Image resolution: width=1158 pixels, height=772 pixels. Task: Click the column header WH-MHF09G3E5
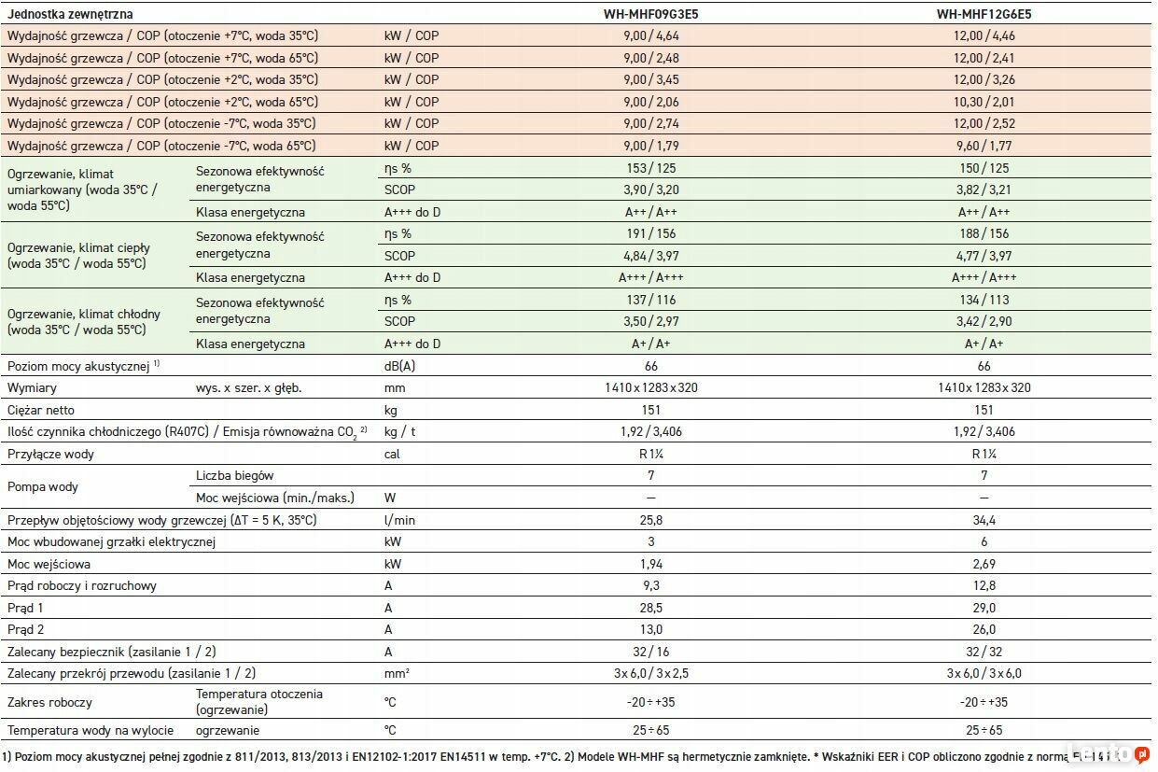pyautogui.click(x=651, y=14)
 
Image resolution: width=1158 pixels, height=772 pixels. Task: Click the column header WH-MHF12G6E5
pyautogui.click(x=984, y=14)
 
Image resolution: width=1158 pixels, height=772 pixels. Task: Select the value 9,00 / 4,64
pyautogui.click(x=651, y=35)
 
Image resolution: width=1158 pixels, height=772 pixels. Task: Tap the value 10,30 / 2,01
pyautogui.click(x=984, y=102)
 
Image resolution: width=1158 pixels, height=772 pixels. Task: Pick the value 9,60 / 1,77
pyautogui.click(x=984, y=146)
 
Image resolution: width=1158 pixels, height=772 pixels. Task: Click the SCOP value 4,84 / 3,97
pyautogui.click(x=651, y=256)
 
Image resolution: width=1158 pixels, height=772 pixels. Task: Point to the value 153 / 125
pyautogui.click(x=651, y=168)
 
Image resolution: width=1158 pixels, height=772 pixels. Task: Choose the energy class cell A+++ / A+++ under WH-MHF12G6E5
pyautogui.click(x=984, y=277)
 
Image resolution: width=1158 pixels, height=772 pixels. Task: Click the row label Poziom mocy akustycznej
pyautogui.click(x=78, y=367)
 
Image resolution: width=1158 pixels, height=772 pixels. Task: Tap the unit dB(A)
pyautogui.click(x=399, y=366)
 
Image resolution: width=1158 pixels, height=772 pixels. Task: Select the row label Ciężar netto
pyautogui.click(x=41, y=410)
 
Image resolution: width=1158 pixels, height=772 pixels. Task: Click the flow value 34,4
pyautogui.click(x=984, y=520)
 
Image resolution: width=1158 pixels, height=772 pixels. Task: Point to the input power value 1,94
pyautogui.click(x=651, y=564)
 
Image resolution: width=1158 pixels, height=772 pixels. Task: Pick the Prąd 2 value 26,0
pyautogui.click(x=984, y=630)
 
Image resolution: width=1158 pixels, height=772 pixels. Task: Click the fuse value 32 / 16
pyautogui.click(x=651, y=652)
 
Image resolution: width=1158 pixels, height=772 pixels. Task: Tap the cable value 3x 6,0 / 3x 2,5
pyautogui.click(x=651, y=673)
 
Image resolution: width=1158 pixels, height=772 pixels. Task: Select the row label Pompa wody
pyautogui.click(x=42, y=486)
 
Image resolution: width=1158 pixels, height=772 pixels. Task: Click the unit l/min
pyautogui.click(x=399, y=520)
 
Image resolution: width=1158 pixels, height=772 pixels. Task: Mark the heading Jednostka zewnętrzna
pyautogui.click(x=70, y=14)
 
